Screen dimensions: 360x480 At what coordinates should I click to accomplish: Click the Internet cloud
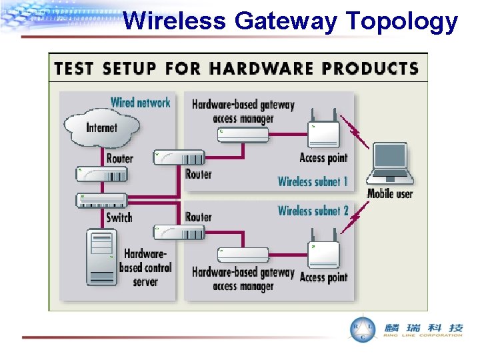(101, 126)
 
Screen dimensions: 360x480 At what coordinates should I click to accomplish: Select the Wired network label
(140, 102)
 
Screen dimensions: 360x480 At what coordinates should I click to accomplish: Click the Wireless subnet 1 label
(313, 181)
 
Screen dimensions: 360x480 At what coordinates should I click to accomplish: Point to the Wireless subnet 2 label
(313, 211)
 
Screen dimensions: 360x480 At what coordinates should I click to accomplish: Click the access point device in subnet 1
(323, 135)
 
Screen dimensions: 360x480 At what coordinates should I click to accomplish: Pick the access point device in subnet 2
(323, 254)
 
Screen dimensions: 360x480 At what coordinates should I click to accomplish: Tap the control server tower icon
(101, 257)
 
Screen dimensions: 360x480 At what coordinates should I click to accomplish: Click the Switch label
(119, 217)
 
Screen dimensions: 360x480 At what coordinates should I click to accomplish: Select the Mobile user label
(390, 194)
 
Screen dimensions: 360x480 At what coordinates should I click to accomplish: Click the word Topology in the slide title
(402, 22)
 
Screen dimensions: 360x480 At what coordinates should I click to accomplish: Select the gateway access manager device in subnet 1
(243, 135)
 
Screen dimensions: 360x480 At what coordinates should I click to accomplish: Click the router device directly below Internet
(101, 175)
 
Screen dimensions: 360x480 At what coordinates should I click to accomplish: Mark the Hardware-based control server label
(145, 267)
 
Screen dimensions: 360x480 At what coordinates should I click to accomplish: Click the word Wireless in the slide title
(175, 22)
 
